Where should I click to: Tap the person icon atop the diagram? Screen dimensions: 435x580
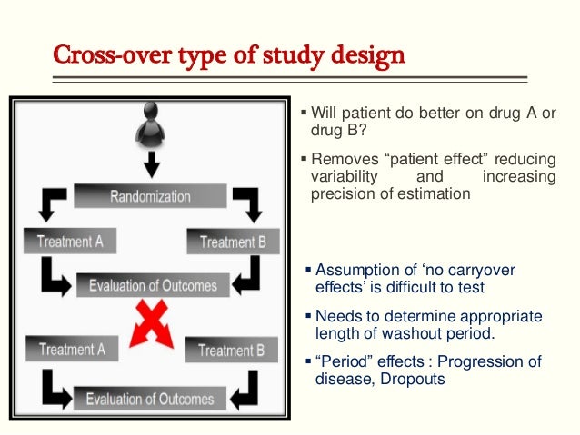tap(152, 126)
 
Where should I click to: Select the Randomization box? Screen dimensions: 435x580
tap(150, 196)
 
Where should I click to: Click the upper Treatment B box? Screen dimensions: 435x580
tap(232, 242)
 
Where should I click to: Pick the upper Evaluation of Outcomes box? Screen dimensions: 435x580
tap(153, 285)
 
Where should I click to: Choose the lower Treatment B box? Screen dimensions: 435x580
tap(230, 350)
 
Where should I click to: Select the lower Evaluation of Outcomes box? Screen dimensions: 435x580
tap(150, 398)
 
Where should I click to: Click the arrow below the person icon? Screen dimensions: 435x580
tap(152, 164)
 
